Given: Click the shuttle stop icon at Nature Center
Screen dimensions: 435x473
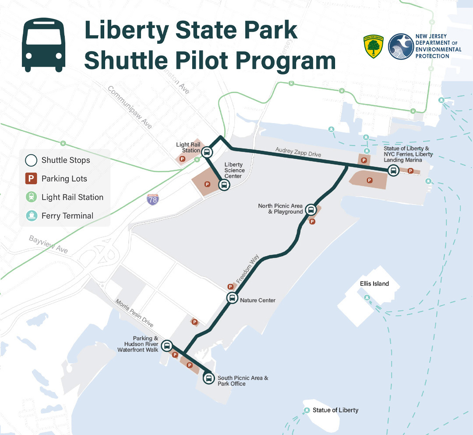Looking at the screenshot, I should tap(232, 298).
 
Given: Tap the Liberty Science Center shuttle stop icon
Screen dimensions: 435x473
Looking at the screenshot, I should tap(224, 185).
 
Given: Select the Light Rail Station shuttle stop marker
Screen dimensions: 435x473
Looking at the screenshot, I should tap(207, 153).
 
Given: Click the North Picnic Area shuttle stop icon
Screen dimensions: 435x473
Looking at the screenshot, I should tap(310, 209).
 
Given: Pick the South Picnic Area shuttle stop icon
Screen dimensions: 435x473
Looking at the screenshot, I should tap(209, 378).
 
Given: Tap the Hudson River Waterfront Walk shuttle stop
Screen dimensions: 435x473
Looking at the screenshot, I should tap(166, 346).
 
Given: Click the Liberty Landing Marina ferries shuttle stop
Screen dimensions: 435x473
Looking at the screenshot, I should tap(393, 171).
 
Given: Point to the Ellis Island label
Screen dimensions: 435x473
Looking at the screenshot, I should tap(374, 283).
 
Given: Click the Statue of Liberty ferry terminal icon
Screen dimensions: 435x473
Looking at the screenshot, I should tap(307, 410).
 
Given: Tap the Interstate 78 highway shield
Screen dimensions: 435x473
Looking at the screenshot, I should tap(153, 199).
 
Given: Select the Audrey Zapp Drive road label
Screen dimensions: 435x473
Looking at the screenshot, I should tap(298, 152).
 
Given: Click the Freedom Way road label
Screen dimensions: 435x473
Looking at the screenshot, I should tap(248, 268).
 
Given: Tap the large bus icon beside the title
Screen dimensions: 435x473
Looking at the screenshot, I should tap(44, 45).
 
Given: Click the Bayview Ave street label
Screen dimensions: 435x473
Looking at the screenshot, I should tap(49, 244).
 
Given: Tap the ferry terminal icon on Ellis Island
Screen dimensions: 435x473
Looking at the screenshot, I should tap(367, 298).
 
